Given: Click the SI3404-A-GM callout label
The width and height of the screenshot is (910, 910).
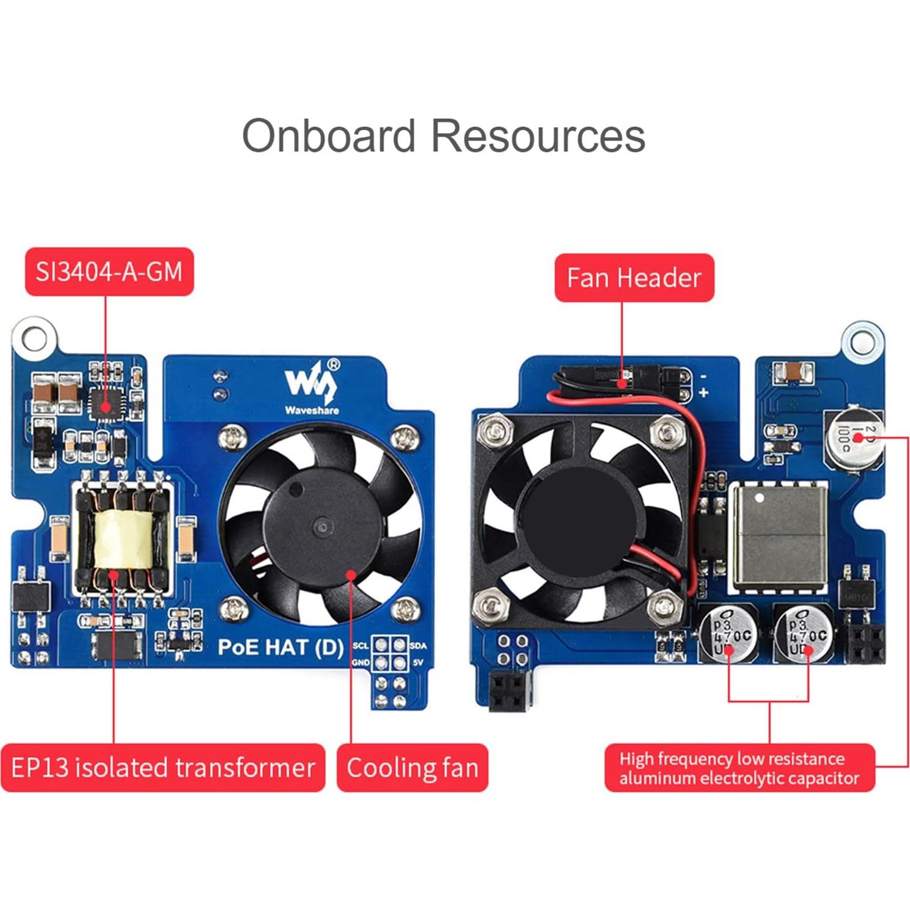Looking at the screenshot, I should pyautogui.click(x=109, y=272).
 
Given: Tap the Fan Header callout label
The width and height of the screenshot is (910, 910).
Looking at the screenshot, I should pyautogui.click(x=634, y=278).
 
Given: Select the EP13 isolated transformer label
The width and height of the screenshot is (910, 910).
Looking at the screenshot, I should pyautogui.click(x=163, y=768).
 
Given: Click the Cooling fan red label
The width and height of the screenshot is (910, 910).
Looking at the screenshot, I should pyautogui.click(x=413, y=768).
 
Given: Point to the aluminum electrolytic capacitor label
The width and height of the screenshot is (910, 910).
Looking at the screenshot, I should pyautogui.click(x=739, y=768).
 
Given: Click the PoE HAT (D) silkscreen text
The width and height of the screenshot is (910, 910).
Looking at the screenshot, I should pyautogui.click(x=281, y=647).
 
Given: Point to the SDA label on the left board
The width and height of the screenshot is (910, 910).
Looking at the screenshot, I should pyautogui.click(x=418, y=646).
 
